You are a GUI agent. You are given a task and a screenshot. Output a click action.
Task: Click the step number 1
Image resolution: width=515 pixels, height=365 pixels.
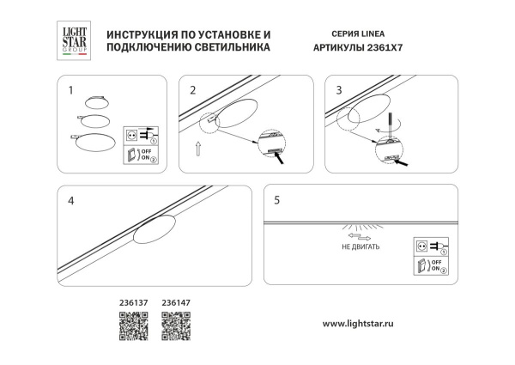(x=71, y=88)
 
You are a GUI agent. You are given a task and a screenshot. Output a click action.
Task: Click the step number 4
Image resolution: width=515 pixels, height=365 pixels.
(x=71, y=200)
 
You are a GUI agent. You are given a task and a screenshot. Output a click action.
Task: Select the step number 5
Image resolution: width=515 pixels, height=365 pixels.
(x=276, y=200)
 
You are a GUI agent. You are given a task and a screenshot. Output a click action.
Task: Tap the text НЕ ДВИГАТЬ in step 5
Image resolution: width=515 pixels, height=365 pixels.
(x=360, y=246)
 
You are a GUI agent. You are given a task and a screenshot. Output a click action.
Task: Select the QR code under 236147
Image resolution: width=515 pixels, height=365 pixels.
(x=177, y=326)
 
